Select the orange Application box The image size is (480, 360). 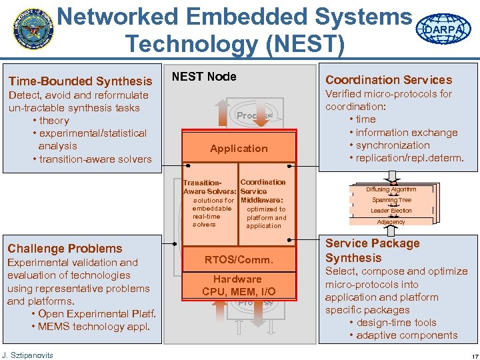click(239, 149)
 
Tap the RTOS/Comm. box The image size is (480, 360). click(239, 260)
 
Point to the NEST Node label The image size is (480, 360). click(204, 77)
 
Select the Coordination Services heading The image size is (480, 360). click(389, 80)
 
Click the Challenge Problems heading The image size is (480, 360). click(65, 249)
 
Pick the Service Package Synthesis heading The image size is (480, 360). click(372, 251)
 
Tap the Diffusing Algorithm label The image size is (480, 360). click(391, 189)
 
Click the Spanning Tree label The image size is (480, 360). click(391, 200)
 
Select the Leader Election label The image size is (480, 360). click(391, 211)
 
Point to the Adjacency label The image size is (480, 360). click(391, 222)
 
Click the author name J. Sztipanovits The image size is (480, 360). click(27, 354)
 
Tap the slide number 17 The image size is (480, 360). click(467, 355)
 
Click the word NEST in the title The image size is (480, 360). click(311, 45)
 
